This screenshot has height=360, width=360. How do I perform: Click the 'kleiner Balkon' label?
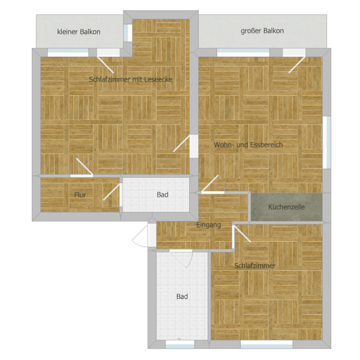[x=79, y=32]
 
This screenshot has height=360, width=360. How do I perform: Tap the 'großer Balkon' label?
[x=262, y=31]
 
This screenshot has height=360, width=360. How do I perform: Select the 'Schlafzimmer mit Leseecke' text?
[x=130, y=80]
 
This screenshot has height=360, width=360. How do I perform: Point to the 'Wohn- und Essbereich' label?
[x=248, y=145]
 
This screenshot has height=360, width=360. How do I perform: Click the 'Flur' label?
[x=80, y=195]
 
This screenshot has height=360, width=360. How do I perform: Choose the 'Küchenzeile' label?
[x=286, y=207]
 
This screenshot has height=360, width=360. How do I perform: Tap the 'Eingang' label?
[x=209, y=225]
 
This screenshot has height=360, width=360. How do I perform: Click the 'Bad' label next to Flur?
[x=162, y=195]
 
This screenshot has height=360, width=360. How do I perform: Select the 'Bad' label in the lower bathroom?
[x=182, y=297]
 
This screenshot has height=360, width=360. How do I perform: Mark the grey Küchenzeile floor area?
[x=286, y=207]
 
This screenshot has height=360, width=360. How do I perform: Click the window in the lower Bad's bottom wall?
[x=180, y=345]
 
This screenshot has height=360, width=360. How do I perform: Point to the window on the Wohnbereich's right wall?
[x=327, y=142]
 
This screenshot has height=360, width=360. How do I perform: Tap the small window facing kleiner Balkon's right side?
[x=128, y=33]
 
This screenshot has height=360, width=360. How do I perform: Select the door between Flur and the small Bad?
[x=113, y=195]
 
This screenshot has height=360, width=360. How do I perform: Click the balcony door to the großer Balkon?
[x=294, y=61]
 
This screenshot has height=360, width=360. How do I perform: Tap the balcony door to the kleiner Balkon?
[x=109, y=61]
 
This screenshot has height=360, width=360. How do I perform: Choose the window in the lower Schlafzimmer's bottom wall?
[x=266, y=345]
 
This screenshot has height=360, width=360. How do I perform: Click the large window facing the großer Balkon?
[x=243, y=53]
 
